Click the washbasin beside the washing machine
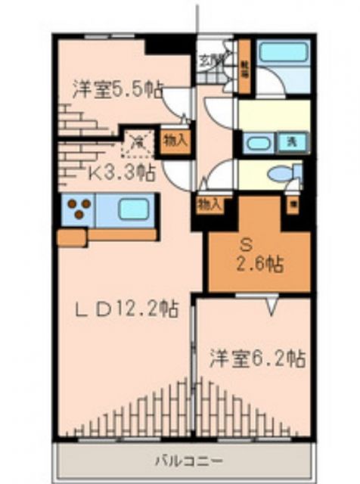click(x=259, y=143)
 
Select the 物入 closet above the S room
click(x=209, y=203)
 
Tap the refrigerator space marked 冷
click(x=138, y=140)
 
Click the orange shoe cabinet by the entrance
click(x=244, y=69)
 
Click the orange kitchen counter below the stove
click(x=106, y=235)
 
